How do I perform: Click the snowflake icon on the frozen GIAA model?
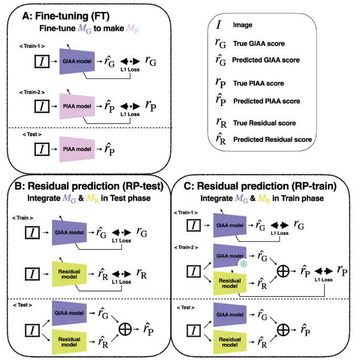(243, 263)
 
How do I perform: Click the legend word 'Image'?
(243, 24)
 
